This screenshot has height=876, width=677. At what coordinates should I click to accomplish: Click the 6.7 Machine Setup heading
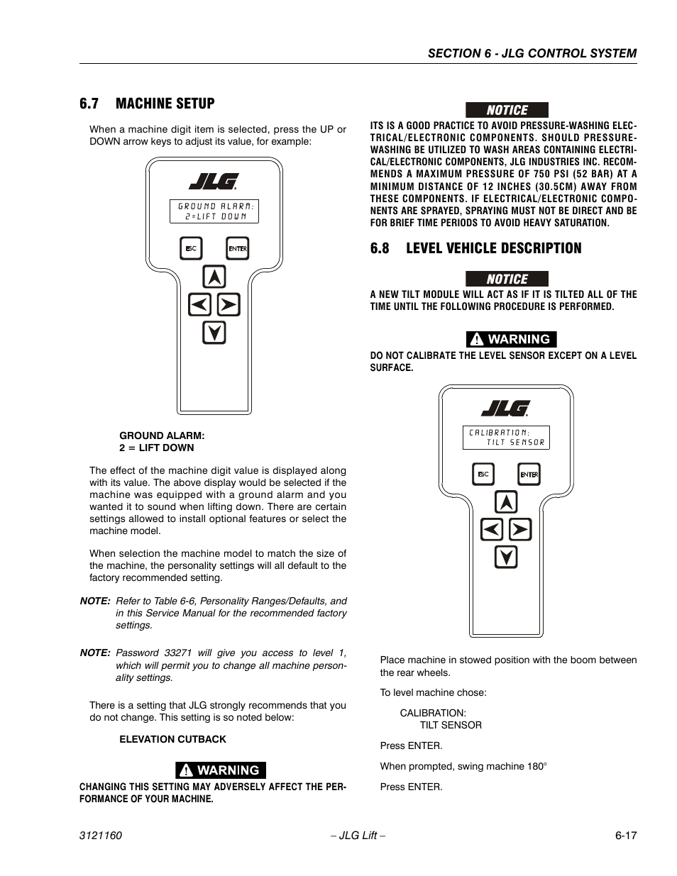(147, 104)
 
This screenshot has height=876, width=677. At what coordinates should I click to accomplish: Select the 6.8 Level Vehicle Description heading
(475, 248)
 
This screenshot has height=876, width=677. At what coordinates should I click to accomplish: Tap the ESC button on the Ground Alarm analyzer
(191, 248)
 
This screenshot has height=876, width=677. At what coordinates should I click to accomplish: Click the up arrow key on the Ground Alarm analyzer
(214, 277)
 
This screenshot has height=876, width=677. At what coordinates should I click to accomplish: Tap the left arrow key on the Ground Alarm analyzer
(199, 305)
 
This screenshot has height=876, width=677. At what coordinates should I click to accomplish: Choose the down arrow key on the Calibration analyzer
(506, 558)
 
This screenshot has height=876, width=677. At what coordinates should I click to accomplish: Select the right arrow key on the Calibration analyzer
(520, 530)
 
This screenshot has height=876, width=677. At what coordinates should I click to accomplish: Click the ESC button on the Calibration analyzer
(483, 474)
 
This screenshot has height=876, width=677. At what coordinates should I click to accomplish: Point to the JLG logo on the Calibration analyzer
(505, 409)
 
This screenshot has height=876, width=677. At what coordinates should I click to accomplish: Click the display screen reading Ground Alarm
(214, 211)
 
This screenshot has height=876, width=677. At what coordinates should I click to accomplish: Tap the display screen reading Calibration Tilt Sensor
(506, 437)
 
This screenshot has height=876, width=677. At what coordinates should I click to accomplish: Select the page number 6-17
(626, 836)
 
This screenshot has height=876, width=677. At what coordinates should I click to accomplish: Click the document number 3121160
(101, 836)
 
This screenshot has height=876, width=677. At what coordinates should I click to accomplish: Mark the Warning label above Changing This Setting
(221, 770)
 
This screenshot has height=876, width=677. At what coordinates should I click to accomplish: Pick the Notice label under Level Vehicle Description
(507, 279)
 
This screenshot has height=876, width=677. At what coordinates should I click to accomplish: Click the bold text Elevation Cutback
(172, 739)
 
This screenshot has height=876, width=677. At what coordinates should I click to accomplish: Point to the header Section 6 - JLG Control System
(532, 53)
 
